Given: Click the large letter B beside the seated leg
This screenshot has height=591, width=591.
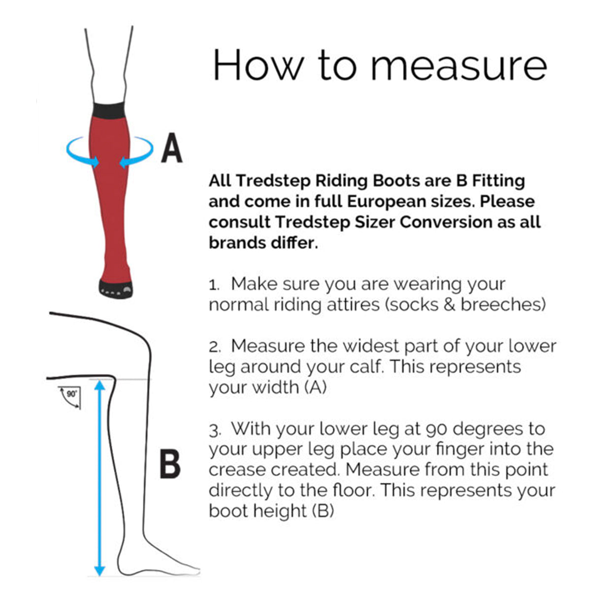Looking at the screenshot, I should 170,464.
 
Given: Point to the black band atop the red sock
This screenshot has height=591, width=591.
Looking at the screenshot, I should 109,110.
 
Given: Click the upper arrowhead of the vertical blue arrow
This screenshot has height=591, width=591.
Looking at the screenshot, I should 99,386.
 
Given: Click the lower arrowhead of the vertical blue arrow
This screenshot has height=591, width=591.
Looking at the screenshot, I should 99,570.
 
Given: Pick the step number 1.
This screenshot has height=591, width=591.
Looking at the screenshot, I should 213,285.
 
